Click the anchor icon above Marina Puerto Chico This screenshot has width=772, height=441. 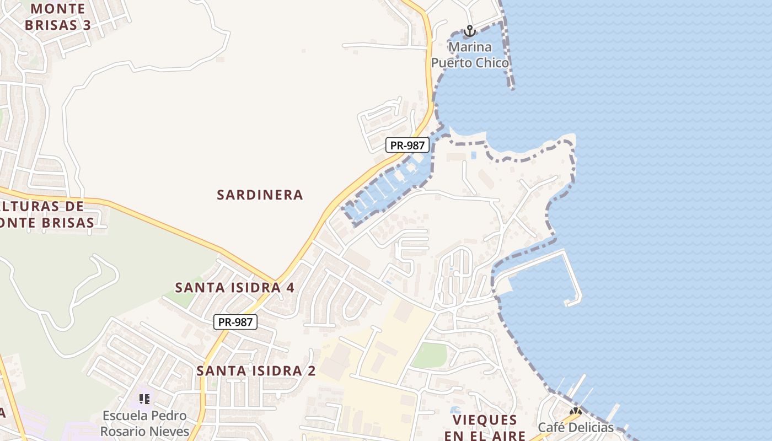[x=469, y=31]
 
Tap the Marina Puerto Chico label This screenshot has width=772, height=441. [x=470, y=55]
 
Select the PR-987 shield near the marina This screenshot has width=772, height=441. [x=407, y=145]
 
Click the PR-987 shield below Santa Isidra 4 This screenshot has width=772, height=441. [x=235, y=322]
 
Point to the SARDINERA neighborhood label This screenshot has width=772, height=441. [x=260, y=195]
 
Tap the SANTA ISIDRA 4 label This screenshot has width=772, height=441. [x=234, y=287]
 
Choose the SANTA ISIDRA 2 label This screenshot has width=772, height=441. [x=256, y=371]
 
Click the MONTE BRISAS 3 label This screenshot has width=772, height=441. [x=58, y=17]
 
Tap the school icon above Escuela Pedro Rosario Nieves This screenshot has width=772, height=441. [x=144, y=399]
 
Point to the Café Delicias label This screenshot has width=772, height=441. [x=575, y=427]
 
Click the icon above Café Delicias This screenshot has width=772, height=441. [x=575, y=411]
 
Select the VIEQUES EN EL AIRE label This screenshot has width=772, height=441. [x=485, y=427]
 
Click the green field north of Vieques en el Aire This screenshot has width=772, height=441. [x=429, y=356]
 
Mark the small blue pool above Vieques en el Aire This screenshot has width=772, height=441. [x=455, y=410]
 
